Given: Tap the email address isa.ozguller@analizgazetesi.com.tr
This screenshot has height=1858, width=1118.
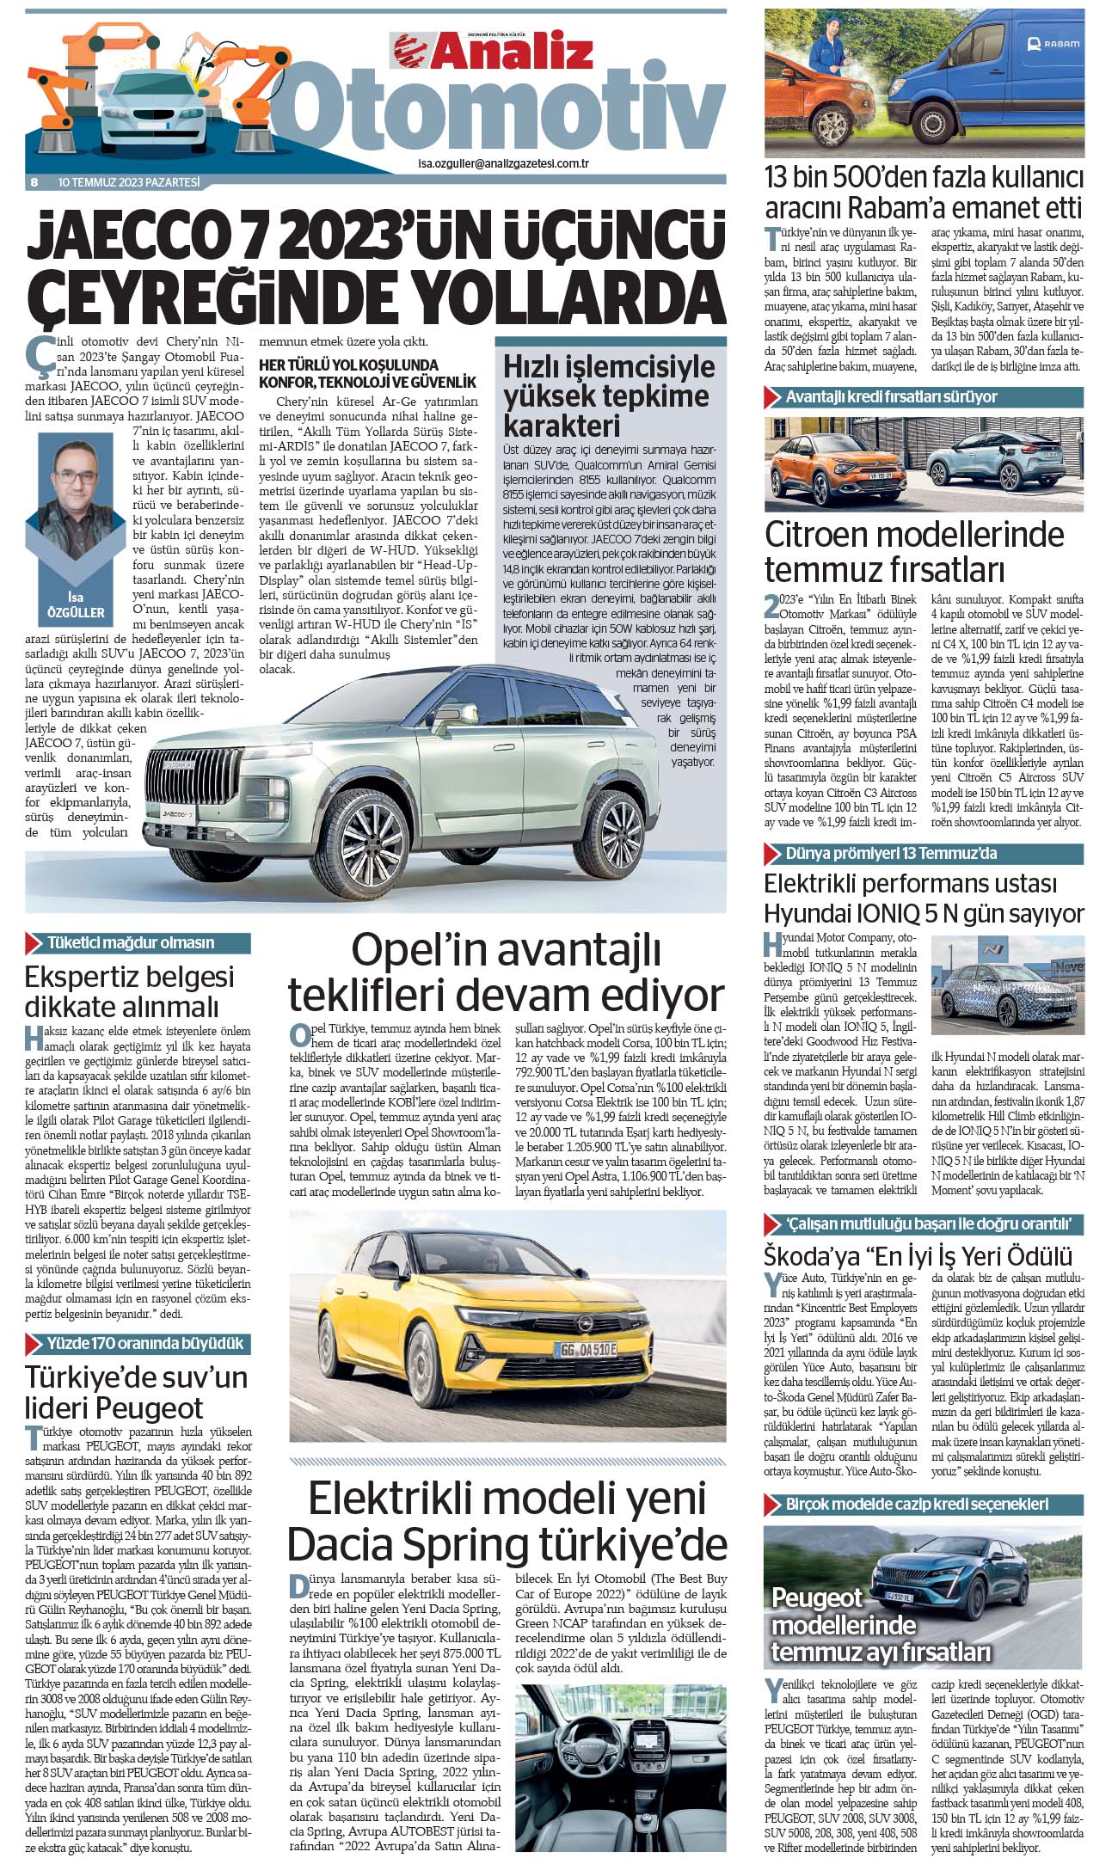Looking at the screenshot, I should point(503,163).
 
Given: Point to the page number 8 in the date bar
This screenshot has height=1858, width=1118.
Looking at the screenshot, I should point(34,182).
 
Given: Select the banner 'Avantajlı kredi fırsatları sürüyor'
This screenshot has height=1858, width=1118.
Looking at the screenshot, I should point(890,397).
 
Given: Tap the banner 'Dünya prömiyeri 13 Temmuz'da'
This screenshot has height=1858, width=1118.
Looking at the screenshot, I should point(890,854).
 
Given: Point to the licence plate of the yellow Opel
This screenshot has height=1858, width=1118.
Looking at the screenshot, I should point(585,1349).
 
